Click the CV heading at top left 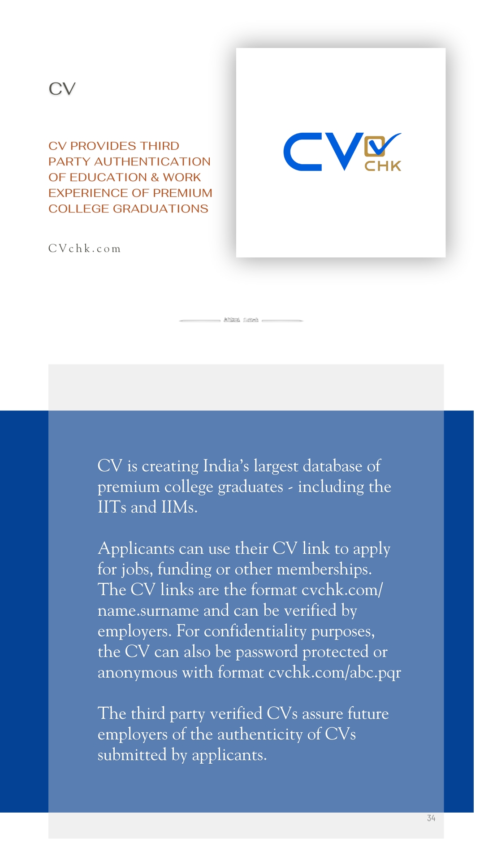(62, 89)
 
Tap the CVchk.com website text (84, 248)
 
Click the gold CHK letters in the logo (383, 166)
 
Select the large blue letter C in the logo (303, 152)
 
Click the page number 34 (431, 818)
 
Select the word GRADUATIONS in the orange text (160, 209)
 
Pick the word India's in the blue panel (226, 466)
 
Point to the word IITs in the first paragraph (112, 507)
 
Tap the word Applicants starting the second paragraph (136, 549)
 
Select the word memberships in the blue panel (324, 569)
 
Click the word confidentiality (255, 631)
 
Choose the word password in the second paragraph (267, 652)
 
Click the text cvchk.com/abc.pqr (335, 672)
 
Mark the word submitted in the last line (132, 755)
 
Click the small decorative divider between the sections (241, 320)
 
